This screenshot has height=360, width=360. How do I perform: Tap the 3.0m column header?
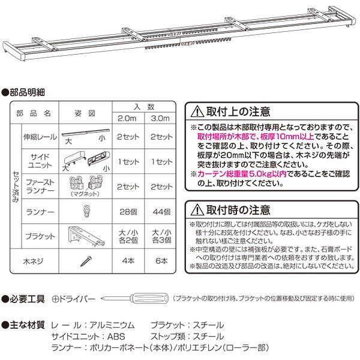pos(161,118)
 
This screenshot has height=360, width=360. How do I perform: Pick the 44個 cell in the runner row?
pos(161,212)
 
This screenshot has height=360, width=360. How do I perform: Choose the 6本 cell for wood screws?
pos(161,262)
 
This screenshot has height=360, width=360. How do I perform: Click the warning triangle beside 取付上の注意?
pos(197,112)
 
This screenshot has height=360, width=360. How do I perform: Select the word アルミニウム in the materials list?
pos(112,325)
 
